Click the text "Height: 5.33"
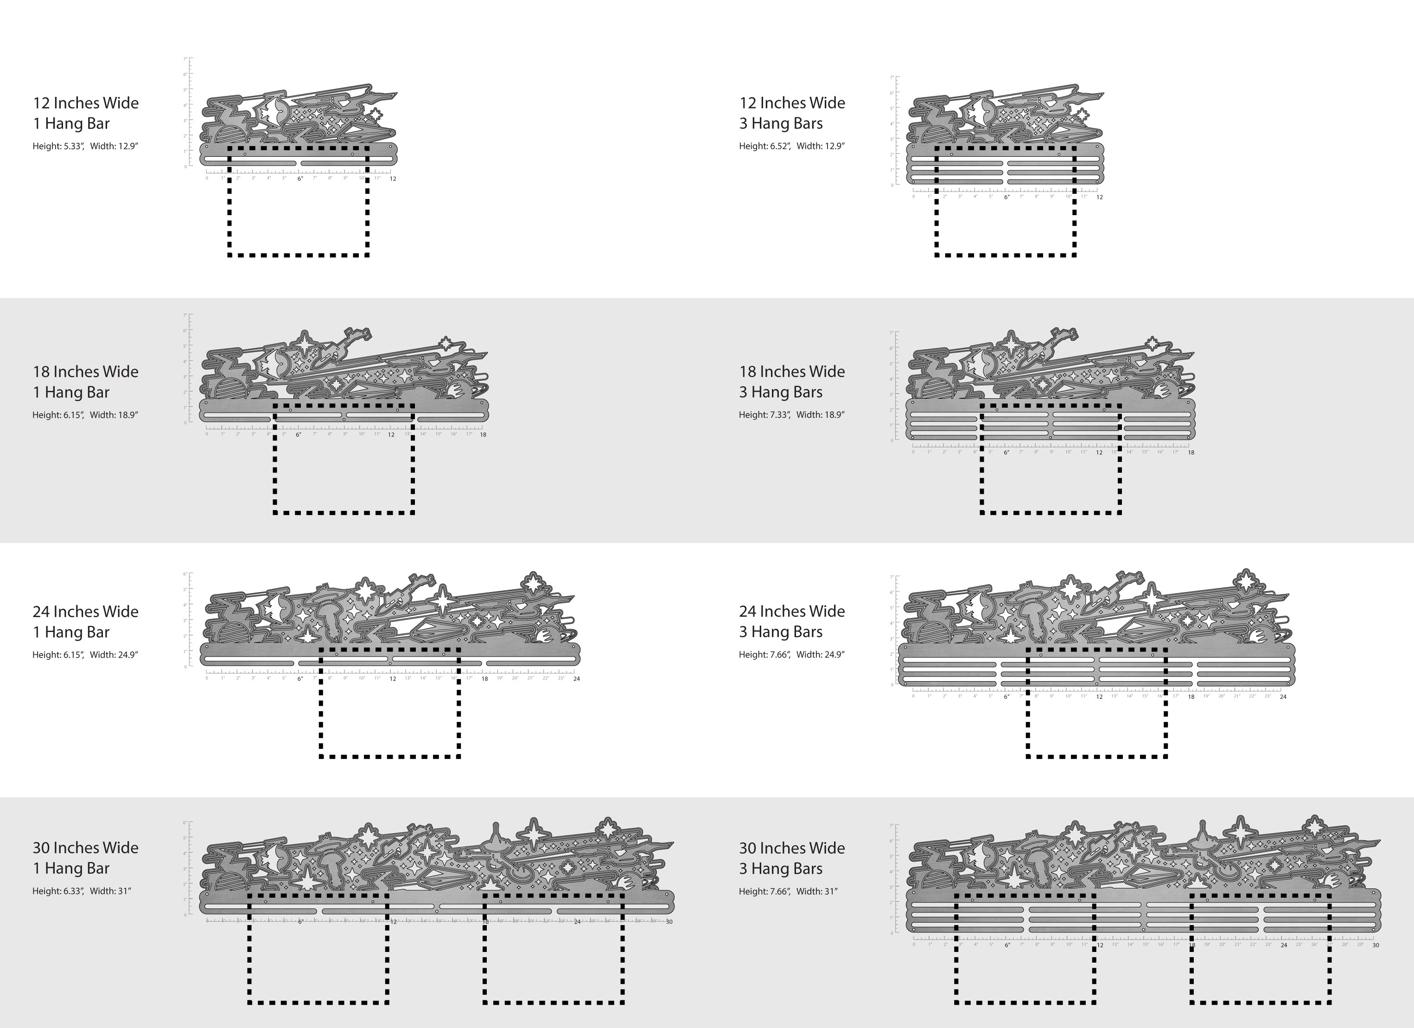tap(58, 147)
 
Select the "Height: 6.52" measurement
tap(764, 147)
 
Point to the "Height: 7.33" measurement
tap(764, 415)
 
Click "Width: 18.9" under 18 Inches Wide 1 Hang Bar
tap(114, 415)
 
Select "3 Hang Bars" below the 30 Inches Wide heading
tap(781, 868)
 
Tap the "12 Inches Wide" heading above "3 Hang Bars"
tap(792, 103)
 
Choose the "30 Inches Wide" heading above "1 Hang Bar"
tap(85, 848)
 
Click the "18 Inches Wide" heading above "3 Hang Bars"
tap(792, 371)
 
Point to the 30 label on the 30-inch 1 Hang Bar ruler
tap(669, 922)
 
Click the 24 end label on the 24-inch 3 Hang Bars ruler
tap(1283, 697)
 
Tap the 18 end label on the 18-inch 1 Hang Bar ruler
tap(483, 435)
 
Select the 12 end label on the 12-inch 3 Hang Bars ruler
tap(1100, 198)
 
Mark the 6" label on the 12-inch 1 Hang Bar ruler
tap(300, 179)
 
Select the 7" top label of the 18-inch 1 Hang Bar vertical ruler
tap(185, 315)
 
